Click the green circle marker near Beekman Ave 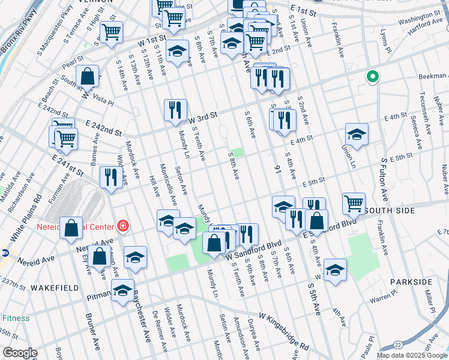point(373,77)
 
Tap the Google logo point(20,353)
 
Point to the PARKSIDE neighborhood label point(411,281)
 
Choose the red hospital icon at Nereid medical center point(122,226)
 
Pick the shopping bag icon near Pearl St point(88,76)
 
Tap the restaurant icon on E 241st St point(111,177)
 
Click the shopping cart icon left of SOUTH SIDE point(354,203)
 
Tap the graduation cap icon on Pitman point(123,291)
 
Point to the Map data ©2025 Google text point(412,355)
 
